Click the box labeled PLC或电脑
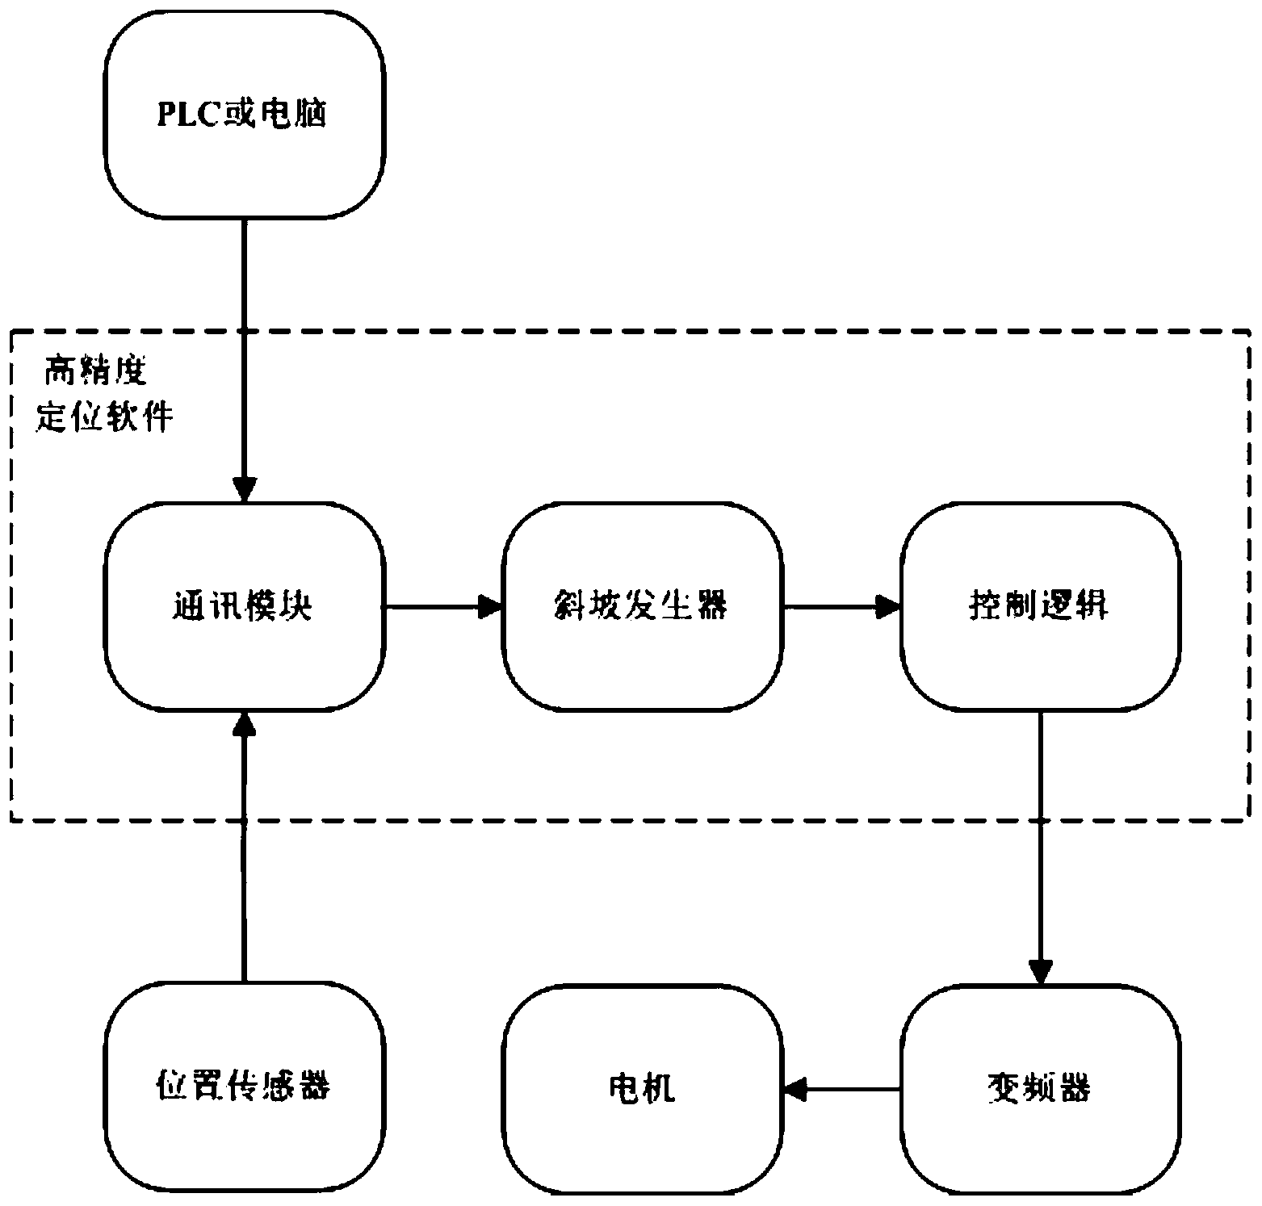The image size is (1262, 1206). [x=244, y=115]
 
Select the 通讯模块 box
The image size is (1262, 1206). [x=244, y=607]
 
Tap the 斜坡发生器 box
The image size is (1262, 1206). [x=642, y=607]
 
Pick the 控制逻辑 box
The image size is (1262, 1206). [x=1040, y=607]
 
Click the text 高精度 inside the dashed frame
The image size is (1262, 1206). [x=95, y=373]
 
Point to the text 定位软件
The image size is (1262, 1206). [x=105, y=417]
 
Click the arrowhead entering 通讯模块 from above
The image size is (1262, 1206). [x=244, y=489]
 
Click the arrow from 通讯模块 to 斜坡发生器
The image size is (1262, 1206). [x=444, y=607]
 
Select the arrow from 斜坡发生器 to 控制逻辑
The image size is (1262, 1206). [x=841, y=607]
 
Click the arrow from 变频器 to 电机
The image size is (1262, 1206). [x=841, y=1090]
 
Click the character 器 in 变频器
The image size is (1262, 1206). [x=1075, y=1088]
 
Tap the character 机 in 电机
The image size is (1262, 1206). [x=660, y=1088]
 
